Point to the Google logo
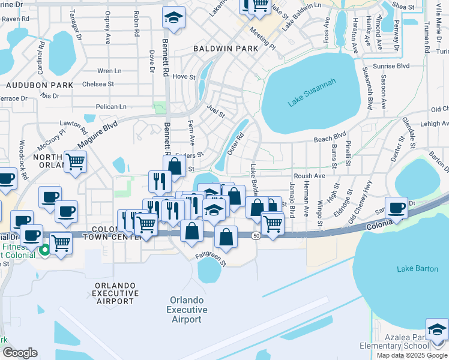pyautogui.click(x=20, y=353)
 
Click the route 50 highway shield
pyautogui.click(x=256, y=236)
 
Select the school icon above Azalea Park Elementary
pyautogui.click(x=437, y=329)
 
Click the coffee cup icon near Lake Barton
pyautogui.click(x=396, y=208)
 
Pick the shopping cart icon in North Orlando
pyautogui.click(x=76, y=161)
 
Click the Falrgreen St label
pyautogui.click(x=210, y=259)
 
